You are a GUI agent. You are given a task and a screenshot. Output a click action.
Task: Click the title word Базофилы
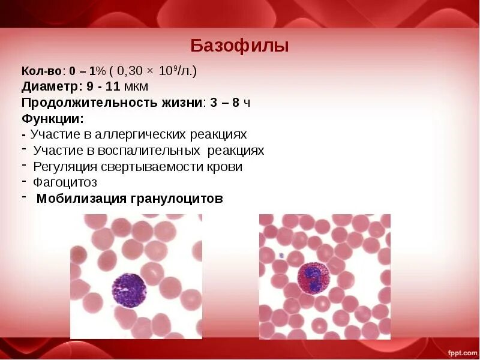point(239,46)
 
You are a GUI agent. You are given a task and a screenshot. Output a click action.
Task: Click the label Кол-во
point(38,71)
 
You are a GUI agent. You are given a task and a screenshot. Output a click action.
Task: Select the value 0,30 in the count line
point(131,71)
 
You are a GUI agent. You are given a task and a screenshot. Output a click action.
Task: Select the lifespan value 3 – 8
point(226,103)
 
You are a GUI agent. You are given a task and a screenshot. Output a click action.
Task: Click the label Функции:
point(52,118)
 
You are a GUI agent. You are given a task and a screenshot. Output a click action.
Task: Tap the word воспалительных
point(152,151)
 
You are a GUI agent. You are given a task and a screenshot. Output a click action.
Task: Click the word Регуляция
point(63,167)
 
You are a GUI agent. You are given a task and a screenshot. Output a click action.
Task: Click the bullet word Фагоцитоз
point(65,182)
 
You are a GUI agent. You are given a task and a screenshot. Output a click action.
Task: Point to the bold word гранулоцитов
point(176,199)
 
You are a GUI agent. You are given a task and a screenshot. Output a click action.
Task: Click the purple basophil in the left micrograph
point(129,290)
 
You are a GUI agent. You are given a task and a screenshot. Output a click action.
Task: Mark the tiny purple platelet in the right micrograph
point(280,256)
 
